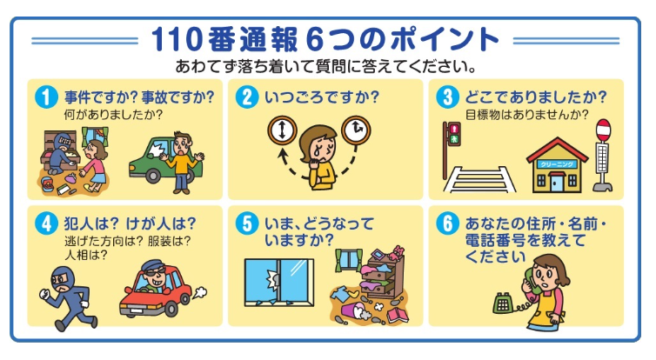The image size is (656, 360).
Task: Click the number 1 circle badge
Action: [46, 97]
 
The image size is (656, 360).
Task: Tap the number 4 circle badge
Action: [46, 223]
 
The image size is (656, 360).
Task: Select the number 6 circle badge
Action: [447, 223]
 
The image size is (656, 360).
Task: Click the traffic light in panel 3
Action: [454, 134]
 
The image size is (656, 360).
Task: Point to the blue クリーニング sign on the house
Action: [557, 164]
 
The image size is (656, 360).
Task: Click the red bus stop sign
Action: [603, 130]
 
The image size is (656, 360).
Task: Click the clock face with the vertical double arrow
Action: [283, 130]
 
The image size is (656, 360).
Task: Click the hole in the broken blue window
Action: [272, 279]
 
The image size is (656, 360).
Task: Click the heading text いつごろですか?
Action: [322, 97]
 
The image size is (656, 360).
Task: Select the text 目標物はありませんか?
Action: [526, 115]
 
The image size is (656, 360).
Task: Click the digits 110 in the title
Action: [177, 40]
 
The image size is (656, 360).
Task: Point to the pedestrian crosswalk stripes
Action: [479, 180]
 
